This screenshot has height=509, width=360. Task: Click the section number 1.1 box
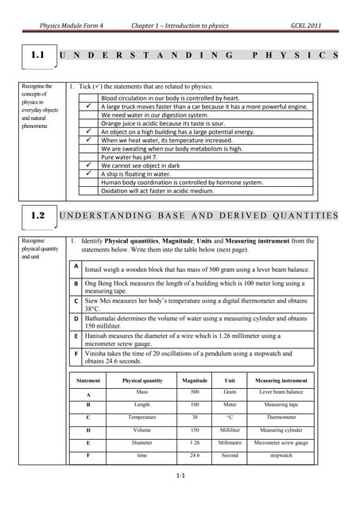[x=37, y=56]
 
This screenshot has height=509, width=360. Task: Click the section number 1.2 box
[x=37, y=216]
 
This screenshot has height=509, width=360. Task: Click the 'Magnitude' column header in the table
[x=195, y=380]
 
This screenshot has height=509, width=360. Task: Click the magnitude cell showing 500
[x=195, y=392]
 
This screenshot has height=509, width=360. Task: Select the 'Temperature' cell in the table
[x=142, y=417]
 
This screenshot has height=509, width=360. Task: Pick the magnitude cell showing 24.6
[x=195, y=455]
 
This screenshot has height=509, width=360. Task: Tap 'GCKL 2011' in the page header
[x=308, y=25]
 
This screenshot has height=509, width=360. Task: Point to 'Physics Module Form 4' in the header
[x=77, y=25]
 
